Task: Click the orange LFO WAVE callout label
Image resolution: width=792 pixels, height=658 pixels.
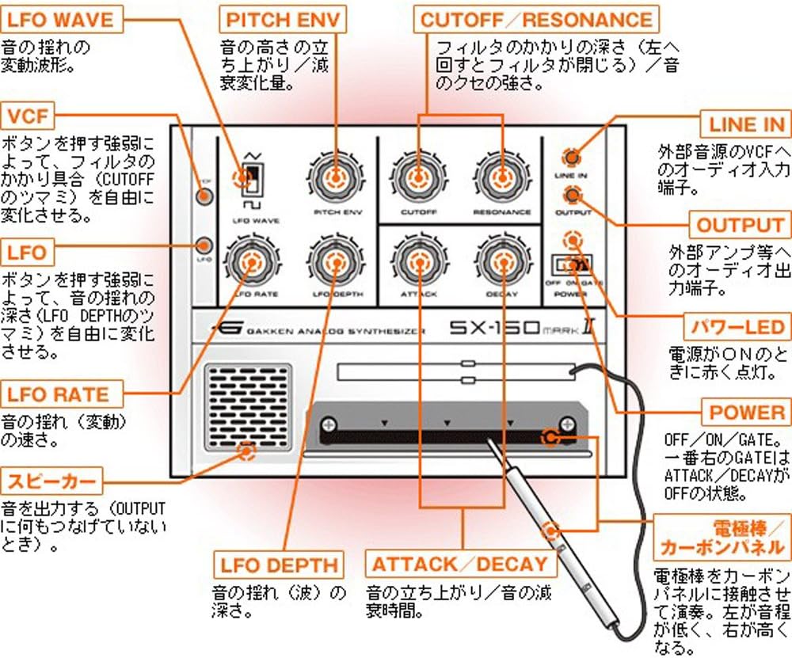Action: [x=60, y=18]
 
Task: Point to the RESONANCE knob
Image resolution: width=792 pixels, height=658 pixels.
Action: [x=501, y=175]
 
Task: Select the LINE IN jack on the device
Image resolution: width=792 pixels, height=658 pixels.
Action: [x=571, y=155]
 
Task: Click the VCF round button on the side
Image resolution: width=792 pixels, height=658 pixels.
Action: [x=204, y=195]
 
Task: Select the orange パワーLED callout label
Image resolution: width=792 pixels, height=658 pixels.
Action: [x=737, y=326]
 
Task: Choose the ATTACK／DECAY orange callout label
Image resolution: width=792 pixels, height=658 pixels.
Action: [x=459, y=564]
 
